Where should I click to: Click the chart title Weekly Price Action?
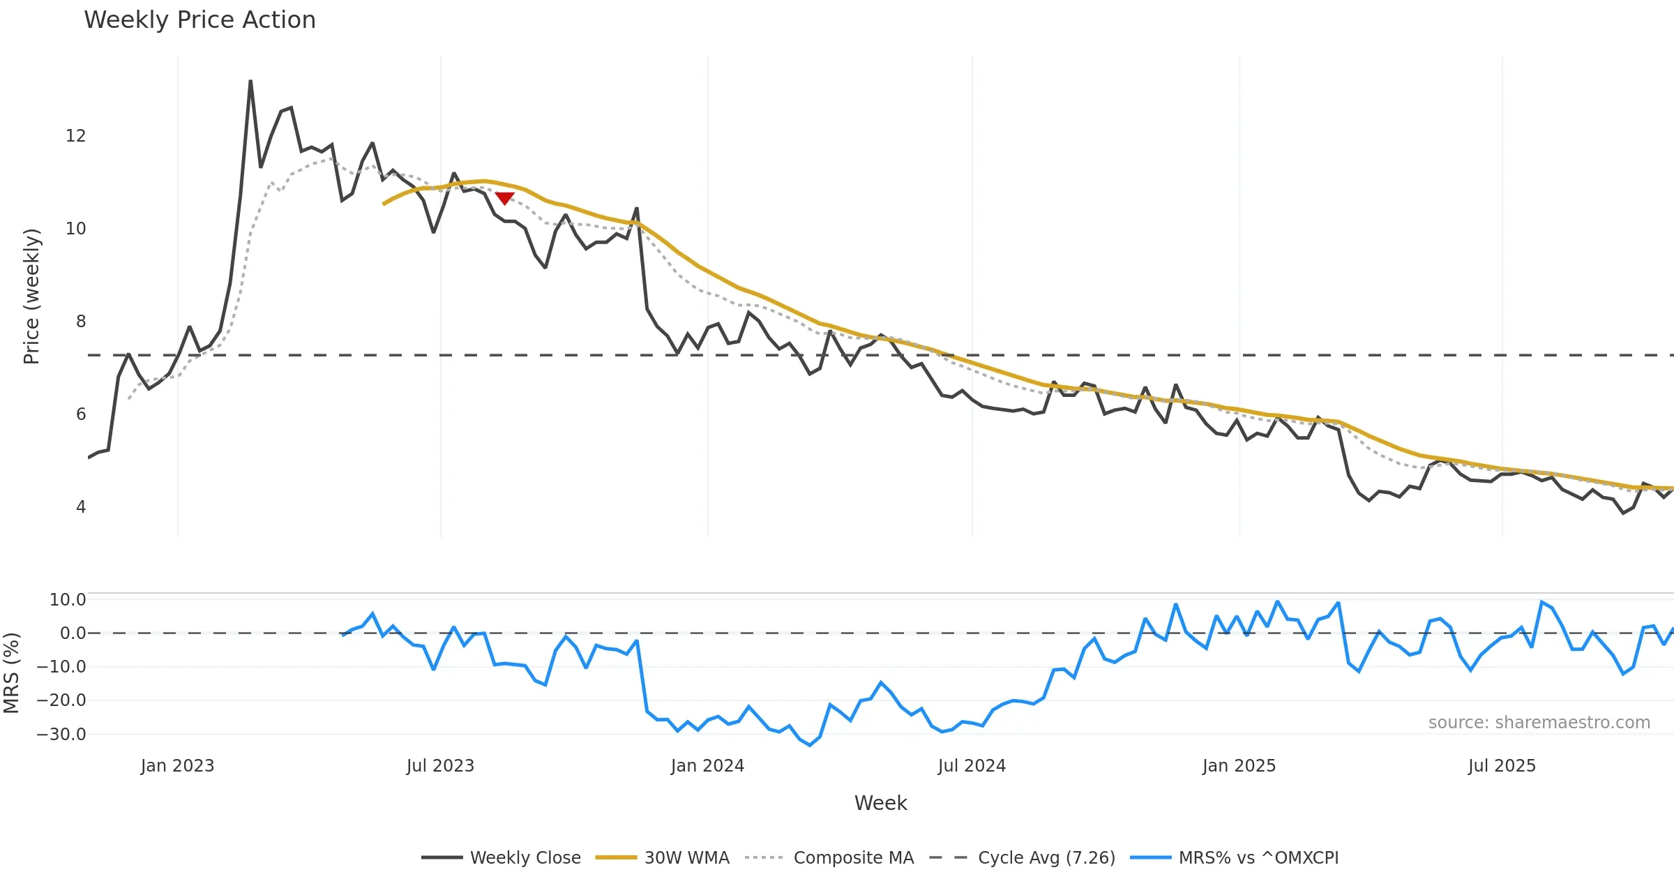[x=199, y=20]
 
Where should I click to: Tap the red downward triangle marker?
[x=504, y=199]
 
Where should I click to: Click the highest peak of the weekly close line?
[x=250, y=82]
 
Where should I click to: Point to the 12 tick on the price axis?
[x=75, y=136]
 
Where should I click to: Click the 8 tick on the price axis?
[x=81, y=322]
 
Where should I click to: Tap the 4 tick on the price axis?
[x=81, y=507]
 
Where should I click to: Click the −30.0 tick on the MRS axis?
[x=61, y=735]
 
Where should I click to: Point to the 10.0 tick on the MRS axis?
[x=68, y=600]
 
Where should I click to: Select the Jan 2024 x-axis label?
[x=707, y=766]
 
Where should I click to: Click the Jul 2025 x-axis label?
[x=1502, y=766]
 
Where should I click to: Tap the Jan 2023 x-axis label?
[x=177, y=766]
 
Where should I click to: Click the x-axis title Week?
[x=880, y=803]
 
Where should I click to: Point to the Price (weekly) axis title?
[x=31, y=296]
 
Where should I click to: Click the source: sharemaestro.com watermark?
[x=1539, y=723]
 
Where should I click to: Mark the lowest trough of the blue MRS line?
[x=810, y=745]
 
